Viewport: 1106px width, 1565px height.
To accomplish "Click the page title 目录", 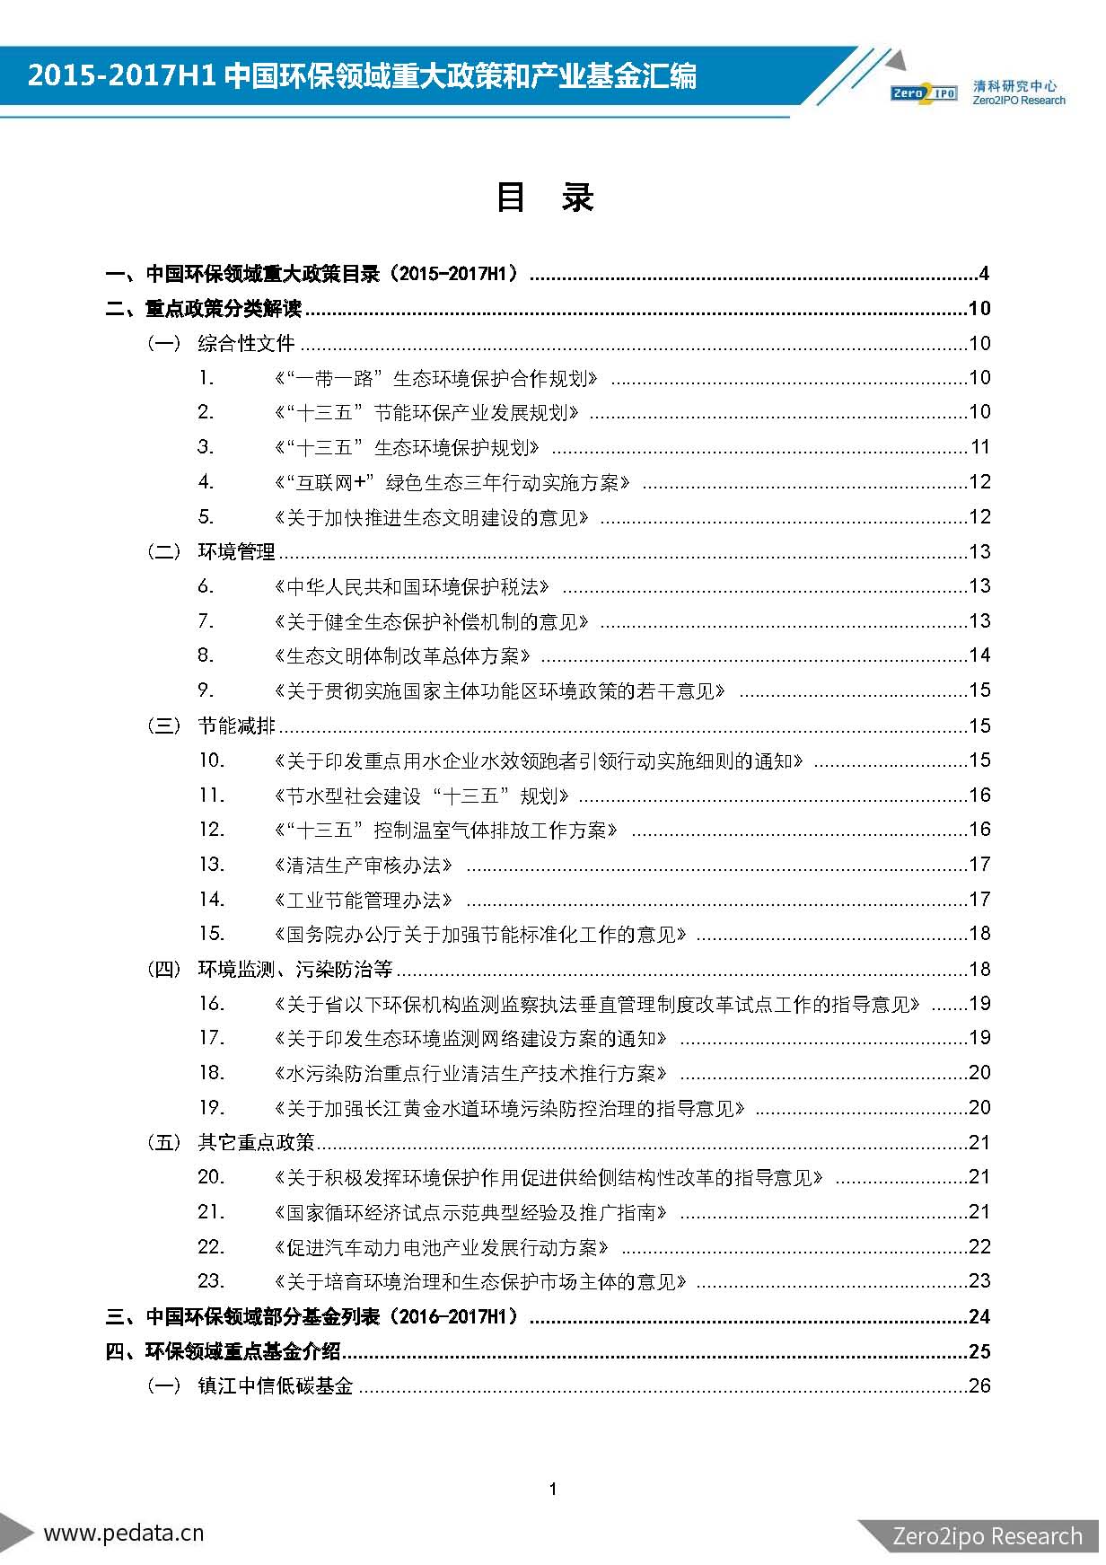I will tap(545, 198).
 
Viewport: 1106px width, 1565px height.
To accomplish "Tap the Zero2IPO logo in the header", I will tap(924, 92).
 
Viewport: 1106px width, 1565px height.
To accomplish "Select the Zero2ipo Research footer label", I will tap(987, 1536).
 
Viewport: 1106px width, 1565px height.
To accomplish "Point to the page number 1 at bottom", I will tap(553, 1489).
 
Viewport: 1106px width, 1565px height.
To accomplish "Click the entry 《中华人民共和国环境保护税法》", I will tap(412, 587).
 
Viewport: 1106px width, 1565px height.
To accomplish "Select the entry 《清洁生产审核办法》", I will tap(363, 866).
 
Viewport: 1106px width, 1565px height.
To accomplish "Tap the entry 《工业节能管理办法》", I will tap(363, 900).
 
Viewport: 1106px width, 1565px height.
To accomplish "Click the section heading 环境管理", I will tap(236, 552).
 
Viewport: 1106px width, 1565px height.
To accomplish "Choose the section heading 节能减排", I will tap(236, 725).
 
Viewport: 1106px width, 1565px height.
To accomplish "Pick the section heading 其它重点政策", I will tap(256, 1143).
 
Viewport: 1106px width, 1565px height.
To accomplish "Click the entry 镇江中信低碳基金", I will tap(275, 1386).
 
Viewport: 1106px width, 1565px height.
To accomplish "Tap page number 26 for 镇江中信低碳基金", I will tap(979, 1386).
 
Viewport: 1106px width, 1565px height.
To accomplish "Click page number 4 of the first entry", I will tap(984, 274).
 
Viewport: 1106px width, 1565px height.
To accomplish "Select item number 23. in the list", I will tap(211, 1281).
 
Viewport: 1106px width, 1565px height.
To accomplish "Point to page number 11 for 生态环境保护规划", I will tap(979, 447).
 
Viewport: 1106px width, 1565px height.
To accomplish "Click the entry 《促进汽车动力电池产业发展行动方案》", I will tap(442, 1247).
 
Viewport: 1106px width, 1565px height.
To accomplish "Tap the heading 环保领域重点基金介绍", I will tap(242, 1351).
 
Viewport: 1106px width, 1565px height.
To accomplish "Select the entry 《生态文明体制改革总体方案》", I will tap(402, 656).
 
